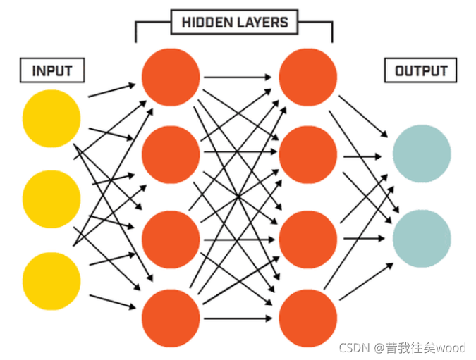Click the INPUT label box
coord(52,70)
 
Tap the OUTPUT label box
coord(420,71)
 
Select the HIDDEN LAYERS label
coord(235,23)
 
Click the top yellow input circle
coord(51,118)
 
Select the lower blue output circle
coord(421,238)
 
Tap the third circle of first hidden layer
coord(171,237)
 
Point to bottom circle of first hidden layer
coord(171,318)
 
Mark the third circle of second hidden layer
coord(307,237)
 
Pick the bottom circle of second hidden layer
coord(307,318)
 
